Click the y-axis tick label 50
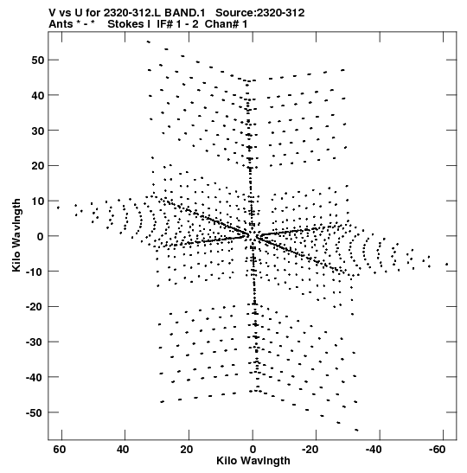(37, 60)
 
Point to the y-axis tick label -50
(35, 412)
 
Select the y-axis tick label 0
(40, 236)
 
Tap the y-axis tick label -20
(35, 307)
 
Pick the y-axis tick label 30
(37, 131)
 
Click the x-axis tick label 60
(60, 450)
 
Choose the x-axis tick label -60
(436, 450)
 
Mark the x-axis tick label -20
(310, 450)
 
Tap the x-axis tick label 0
(253, 450)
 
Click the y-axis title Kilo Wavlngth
(16, 235)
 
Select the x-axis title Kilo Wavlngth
(253, 461)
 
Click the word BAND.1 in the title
(184, 13)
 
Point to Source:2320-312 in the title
(260, 13)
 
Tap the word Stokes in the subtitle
(125, 24)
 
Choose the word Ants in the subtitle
(61, 24)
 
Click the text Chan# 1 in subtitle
(226, 24)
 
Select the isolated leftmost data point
(58, 208)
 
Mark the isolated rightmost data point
(446, 265)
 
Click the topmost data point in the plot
(148, 42)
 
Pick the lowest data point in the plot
(356, 430)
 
